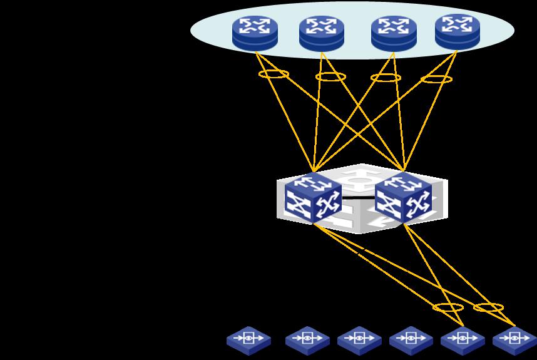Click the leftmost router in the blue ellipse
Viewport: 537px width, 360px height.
tap(255, 33)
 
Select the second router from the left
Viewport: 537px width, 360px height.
tap(322, 33)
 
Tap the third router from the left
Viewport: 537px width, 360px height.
tap(394, 33)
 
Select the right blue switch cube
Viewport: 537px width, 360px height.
tap(403, 198)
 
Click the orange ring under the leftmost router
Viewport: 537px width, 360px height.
tap(274, 75)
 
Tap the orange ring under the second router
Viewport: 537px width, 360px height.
tap(330, 76)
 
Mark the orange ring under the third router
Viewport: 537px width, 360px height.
tap(386, 78)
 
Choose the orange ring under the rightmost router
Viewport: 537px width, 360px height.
tap(437, 79)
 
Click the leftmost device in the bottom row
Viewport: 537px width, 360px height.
tap(249, 339)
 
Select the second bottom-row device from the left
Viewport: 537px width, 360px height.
tap(307, 340)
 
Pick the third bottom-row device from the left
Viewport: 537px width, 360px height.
tap(359, 340)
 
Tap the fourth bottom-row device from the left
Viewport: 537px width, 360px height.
tap(411, 340)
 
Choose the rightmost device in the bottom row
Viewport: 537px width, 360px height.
tap(514, 340)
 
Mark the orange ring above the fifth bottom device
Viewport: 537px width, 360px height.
tap(448, 307)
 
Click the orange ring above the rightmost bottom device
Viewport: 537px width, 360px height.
tap(489, 307)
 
